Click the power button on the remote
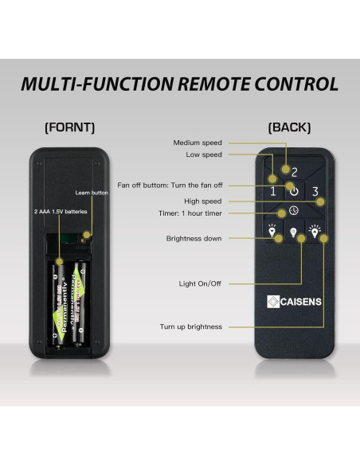[294, 191]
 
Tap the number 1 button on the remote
[272, 191]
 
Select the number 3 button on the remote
[315, 191]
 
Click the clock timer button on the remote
[294, 211]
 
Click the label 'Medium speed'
[198, 143]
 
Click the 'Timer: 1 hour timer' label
[190, 213]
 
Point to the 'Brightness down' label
[194, 238]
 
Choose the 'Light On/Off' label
[200, 283]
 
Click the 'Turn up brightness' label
[191, 326]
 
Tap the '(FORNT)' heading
[70, 127]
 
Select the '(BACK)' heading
[290, 127]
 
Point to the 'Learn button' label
[92, 193]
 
